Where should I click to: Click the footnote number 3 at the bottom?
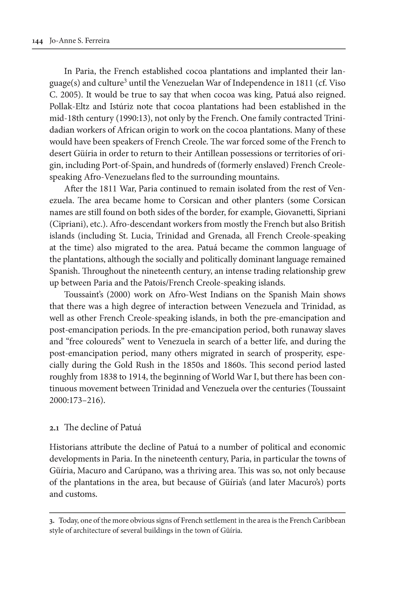[x=51, y=521]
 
